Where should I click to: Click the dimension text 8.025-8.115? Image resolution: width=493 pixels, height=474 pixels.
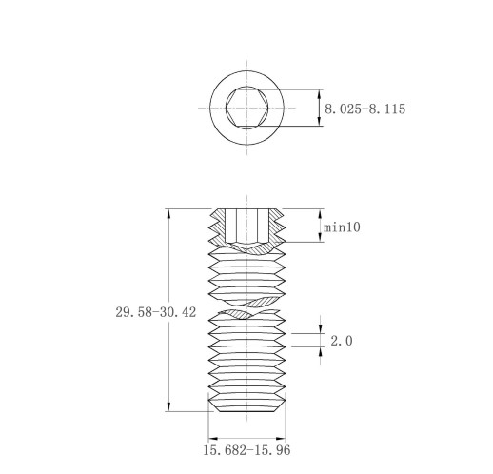click(365, 109)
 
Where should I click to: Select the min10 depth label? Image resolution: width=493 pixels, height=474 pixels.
click(342, 227)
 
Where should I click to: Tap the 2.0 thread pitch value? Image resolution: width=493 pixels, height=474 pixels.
click(342, 341)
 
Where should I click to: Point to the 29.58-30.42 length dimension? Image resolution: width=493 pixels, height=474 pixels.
click(156, 312)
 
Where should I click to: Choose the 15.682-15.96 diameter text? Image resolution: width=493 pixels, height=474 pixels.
click(246, 450)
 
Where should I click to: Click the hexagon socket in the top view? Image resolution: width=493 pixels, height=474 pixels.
click(247, 108)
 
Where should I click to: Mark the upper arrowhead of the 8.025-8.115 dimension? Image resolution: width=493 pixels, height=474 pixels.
click(320, 94)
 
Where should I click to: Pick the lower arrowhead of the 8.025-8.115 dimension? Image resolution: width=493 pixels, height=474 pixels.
click(320, 121)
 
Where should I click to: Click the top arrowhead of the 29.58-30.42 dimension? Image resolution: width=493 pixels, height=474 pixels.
click(169, 214)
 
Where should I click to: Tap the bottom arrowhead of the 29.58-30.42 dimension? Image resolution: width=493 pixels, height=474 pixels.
click(169, 406)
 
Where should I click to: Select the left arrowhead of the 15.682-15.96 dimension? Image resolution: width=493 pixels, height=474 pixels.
click(213, 439)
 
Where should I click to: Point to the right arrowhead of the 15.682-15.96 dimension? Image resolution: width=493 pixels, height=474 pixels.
click(281, 439)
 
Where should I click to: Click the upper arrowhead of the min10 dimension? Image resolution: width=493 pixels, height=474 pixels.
click(320, 214)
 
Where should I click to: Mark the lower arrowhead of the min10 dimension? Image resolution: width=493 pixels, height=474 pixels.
click(320, 237)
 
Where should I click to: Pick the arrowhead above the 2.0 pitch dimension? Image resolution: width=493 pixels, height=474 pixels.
click(321, 328)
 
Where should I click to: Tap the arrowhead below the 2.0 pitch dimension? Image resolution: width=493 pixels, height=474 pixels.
click(321, 352)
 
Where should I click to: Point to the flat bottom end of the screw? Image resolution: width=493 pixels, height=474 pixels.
click(246, 411)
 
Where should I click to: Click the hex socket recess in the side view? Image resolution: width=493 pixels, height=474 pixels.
click(246, 226)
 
